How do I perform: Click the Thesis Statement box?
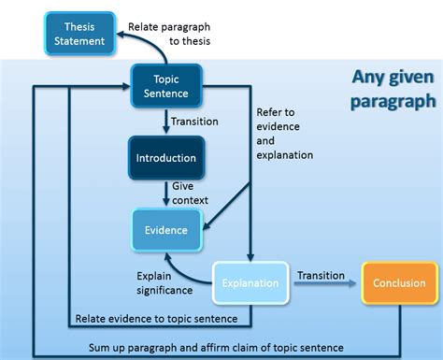click(x=80, y=35)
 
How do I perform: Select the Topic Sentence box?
click(x=165, y=86)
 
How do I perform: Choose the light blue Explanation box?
click(x=250, y=281)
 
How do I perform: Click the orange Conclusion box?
click(x=399, y=281)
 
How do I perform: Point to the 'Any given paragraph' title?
click(x=393, y=88)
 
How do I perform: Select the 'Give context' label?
click(x=190, y=194)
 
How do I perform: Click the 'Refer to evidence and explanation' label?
click(x=285, y=133)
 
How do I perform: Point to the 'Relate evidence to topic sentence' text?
click(x=163, y=320)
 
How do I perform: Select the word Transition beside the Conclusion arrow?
click(x=322, y=275)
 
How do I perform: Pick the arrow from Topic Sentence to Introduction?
click(x=165, y=121)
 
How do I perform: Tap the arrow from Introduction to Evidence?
click(x=165, y=194)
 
